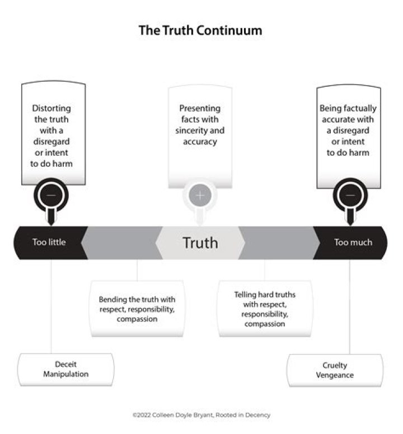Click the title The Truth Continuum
[200, 30]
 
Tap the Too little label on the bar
[49, 242]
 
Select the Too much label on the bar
[353, 242]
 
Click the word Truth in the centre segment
[200, 242]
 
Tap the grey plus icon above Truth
[200, 195]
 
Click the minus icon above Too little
[51, 195]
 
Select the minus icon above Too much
[350, 195]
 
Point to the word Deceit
[65, 364]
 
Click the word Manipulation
[66, 374]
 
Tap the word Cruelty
[335, 365]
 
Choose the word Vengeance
[335, 375]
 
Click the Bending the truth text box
[137, 309]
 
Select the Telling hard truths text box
[265, 309]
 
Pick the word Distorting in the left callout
[51, 108]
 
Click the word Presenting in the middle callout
[200, 108]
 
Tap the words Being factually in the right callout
[348, 108]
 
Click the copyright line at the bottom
[201, 415]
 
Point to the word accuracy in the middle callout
[200, 142]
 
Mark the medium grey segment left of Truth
[122, 242]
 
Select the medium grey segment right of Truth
[279, 242]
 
